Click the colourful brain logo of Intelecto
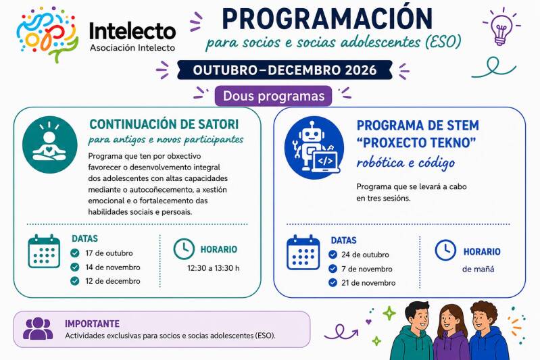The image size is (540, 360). pos(47,34)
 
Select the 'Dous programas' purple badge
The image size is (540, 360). pos(274,96)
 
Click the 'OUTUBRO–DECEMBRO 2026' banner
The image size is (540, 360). pos(285,70)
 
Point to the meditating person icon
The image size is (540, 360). pos(50,145)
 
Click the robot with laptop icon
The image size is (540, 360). pos(314,147)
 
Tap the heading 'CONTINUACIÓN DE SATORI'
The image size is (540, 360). pos(164,124)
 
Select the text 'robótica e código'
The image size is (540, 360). pos(406,163)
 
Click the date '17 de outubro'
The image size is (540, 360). pos(109,253)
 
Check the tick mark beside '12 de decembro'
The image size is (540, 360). pos(75,281)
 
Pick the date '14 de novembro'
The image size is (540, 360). pos(113,267)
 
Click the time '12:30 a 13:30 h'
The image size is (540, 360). pos(213,268)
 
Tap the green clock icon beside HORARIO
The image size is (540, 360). pos(184,249)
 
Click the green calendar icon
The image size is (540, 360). pos(44,251)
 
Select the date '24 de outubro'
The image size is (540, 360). pos(366,255)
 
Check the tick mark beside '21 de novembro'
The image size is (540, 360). pos(333,282)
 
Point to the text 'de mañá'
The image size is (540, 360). pos(478,269)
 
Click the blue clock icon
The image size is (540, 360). pos(445,250)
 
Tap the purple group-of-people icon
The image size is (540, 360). pos(39,328)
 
